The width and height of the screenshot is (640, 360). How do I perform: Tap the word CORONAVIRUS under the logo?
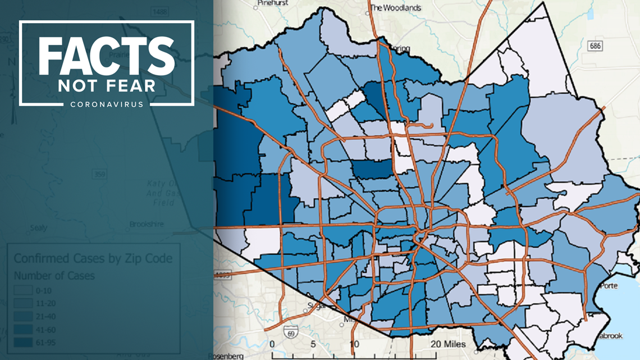(x=107, y=104)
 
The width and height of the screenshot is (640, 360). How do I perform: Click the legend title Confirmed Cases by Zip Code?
(x=93, y=259)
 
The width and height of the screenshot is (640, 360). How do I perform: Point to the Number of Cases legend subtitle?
(x=54, y=276)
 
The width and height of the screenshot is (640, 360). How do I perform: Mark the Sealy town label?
(x=39, y=228)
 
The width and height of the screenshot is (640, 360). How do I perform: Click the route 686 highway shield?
(x=596, y=45)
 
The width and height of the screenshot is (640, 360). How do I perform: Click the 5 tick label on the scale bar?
(x=313, y=344)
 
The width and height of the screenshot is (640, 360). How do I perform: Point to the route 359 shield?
(x=99, y=175)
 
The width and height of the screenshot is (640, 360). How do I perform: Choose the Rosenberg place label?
(x=226, y=356)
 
